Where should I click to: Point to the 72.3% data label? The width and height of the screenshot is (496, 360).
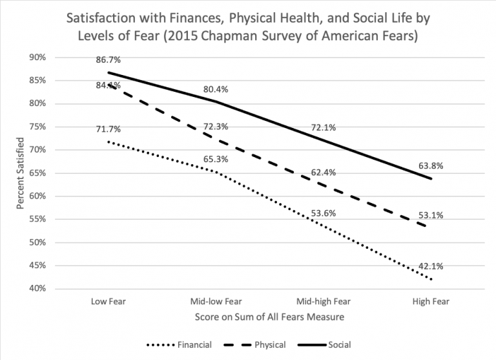[215, 127]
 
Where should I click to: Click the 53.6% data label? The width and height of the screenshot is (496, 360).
[322, 213]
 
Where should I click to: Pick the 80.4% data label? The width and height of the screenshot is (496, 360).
[215, 89]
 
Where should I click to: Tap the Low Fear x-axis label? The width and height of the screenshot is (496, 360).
[108, 301]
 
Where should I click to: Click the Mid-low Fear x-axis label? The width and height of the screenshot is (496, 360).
[216, 301]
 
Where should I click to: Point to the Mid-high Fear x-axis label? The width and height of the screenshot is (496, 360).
[324, 301]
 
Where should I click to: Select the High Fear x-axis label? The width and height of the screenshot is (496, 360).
[431, 301]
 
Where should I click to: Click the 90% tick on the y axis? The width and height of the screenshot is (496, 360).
[37, 58]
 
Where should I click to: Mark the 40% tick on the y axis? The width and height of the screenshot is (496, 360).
[37, 289]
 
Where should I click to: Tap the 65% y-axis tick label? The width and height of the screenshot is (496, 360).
[37, 173]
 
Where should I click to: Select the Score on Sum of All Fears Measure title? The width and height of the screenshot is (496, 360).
[269, 317]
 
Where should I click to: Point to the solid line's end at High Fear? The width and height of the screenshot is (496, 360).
[431, 178]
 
